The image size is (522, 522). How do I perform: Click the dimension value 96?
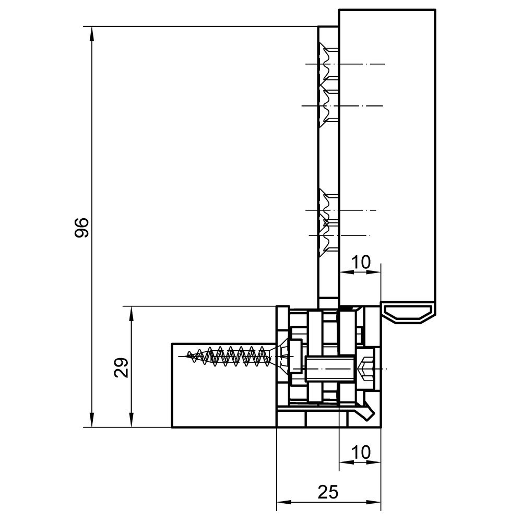(x=81, y=228)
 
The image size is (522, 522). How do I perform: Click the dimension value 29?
(x=121, y=367)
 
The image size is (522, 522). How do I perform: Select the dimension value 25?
(x=328, y=492)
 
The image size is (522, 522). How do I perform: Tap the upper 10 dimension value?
(x=361, y=262)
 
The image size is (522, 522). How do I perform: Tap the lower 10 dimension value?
(x=361, y=452)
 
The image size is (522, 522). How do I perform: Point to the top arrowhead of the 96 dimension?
(x=92, y=33)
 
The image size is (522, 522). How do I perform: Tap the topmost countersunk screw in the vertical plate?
(x=328, y=63)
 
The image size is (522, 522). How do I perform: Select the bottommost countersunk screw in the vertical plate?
(x=328, y=236)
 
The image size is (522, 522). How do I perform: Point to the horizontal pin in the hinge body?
(x=328, y=369)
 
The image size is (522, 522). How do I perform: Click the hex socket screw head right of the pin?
(x=366, y=369)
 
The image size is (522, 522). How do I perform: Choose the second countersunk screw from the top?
(x=328, y=106)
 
